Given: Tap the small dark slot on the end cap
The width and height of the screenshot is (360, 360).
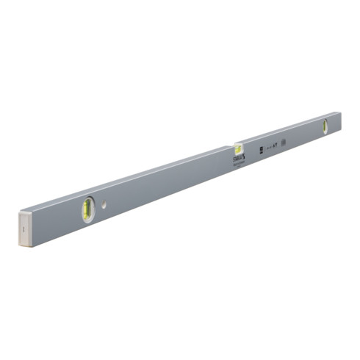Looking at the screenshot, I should pyautogui.click(x=24, y=229).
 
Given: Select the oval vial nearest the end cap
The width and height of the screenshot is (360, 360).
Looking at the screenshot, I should pyautogui.click(x=87, y=209).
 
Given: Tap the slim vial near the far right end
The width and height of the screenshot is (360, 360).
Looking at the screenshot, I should pyautogui.click(x=324, y=126).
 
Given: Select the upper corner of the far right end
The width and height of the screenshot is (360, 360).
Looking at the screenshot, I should pyautogui.click(x=341, y=112).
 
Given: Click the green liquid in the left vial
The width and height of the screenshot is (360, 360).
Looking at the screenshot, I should pyautogui.click(x=87, y=209).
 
